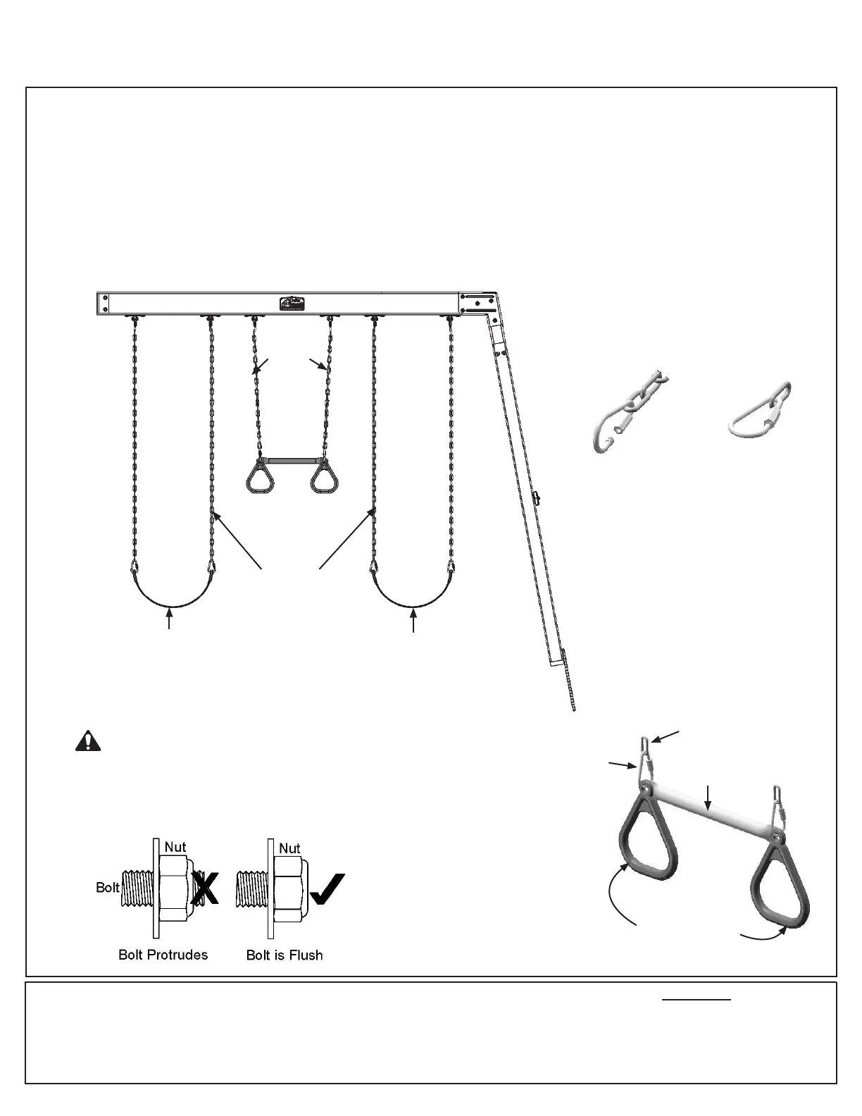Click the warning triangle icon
click(x=88, y=741)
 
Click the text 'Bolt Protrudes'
click(x=163, y=955)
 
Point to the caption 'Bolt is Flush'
click(x=285, y=955)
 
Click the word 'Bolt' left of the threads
click(x=108, y=887)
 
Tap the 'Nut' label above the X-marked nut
click(x=175, y=846)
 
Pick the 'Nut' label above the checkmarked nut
click(x=289, y=848)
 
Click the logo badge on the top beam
click(x=292, y=304)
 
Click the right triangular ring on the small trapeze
click(x=325, y=478)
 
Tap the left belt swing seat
click(x=170, y=599)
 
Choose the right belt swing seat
click(x=413, y=599)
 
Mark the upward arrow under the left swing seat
click(x=169, y=619)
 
